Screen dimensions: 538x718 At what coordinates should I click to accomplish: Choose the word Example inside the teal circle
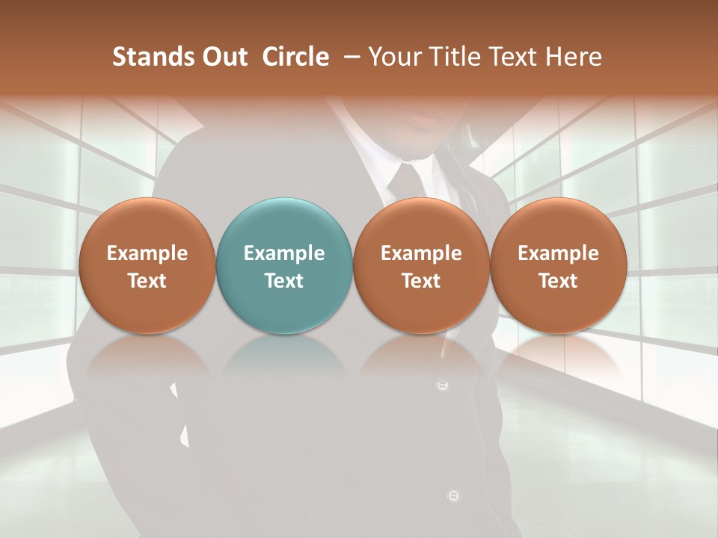pos(284,253)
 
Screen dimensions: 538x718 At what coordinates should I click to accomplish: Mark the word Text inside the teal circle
pos(284,281)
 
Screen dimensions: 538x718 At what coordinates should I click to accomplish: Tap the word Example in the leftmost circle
pos(147,253)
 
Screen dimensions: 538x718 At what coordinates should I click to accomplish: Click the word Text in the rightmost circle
pos(559,281)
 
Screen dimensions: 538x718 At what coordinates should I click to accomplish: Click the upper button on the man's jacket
pos(443,386)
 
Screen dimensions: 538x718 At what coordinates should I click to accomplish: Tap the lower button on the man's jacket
pos(453,495)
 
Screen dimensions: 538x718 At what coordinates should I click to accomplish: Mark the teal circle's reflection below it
pos(284,359)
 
